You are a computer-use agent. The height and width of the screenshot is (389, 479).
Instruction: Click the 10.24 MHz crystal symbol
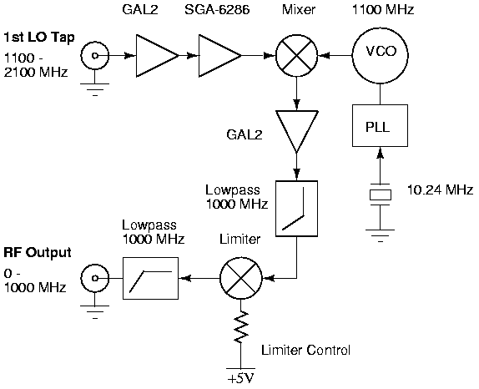pyautogui.click(x=381, y=194)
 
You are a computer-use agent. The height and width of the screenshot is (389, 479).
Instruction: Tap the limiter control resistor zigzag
pyautogui.click(x=241, y=326)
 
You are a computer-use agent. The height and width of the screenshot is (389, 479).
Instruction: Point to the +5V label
pyautogui.click(x=241, y=379)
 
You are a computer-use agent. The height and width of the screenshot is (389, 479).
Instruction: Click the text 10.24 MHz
pyautogui.click(x=441, y=190)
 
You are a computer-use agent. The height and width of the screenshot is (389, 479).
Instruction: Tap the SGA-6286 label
pyautogui.click(x=217, y=9)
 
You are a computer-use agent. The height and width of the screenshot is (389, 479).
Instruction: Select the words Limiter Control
pyautogui.click(x=305, y=350)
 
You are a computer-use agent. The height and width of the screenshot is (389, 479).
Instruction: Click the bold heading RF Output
pyautogui.click(x=38, y=253)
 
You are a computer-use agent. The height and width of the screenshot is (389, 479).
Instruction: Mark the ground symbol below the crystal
pyautogui.click(x=381, y=235)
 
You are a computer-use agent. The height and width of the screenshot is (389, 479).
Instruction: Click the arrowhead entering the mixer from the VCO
pyautogui.click(x=323, y=56)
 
